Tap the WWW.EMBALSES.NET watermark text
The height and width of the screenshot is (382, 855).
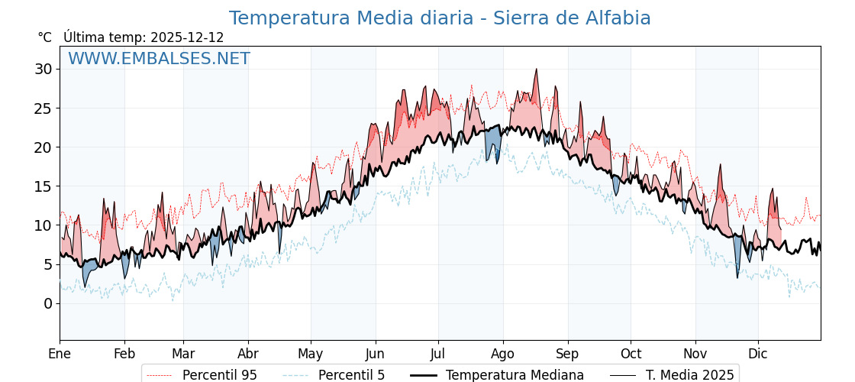159,59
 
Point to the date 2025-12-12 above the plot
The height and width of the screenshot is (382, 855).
187,37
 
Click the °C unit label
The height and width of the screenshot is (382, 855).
44,37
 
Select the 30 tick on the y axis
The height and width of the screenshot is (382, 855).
43,70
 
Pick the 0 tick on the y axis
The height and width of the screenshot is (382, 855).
47,303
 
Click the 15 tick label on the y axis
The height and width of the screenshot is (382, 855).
43,186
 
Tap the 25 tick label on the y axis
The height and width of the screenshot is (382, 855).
43,108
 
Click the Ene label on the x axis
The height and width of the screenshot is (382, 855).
60,354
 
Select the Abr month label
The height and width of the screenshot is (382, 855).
248,354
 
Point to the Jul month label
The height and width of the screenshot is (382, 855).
438,354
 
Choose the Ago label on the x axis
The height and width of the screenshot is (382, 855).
503,354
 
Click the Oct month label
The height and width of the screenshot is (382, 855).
631,354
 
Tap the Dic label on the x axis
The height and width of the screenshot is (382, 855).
758,354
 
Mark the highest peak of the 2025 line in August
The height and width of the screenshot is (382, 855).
537,70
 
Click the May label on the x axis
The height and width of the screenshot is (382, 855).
311,354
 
